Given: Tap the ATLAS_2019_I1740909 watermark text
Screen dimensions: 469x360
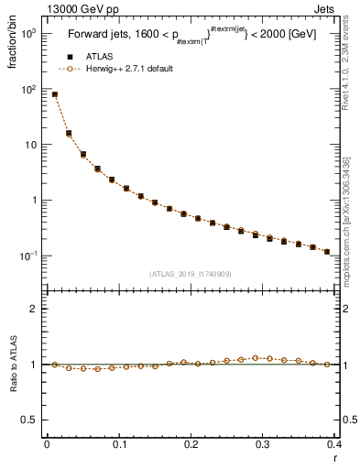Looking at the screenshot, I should pos(191,273).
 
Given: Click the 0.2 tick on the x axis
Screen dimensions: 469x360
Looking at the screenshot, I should pos(191,443).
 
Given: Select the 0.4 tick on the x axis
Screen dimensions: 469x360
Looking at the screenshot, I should pos(334,443).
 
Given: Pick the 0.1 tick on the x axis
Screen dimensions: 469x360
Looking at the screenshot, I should pos(119,443).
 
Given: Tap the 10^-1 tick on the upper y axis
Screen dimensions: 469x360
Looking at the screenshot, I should pos(29,256).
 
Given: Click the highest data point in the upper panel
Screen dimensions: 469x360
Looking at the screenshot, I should pos(55,94).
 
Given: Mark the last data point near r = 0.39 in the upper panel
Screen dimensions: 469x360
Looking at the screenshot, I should pos(327,251).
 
